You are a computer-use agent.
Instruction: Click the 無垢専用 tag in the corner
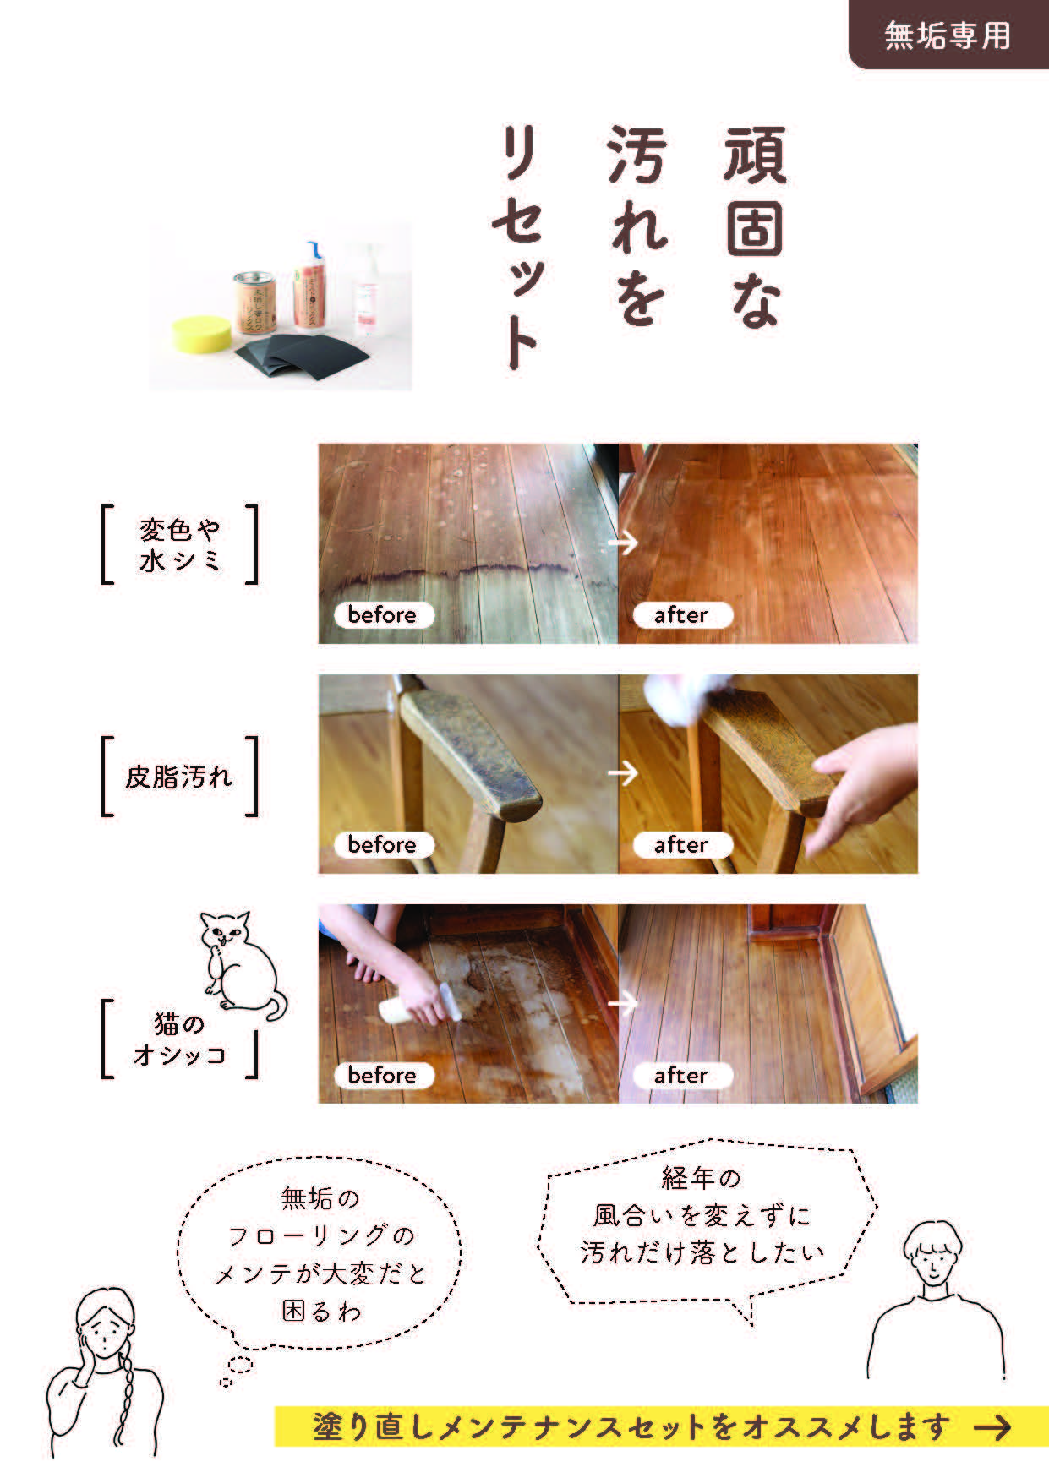(948, 35)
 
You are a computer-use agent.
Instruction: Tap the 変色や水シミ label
(180, 545)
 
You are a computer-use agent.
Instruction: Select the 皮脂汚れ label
(178, 777)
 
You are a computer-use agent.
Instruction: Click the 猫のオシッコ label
(180, 1039)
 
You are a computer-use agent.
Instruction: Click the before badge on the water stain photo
(382, 614)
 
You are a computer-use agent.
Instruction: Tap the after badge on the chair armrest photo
(680, 844)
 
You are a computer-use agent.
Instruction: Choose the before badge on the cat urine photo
(382, 1075)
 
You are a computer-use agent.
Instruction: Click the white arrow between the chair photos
(623, 772)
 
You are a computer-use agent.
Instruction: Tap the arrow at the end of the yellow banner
(992, 1427)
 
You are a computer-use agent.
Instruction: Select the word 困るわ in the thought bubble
(321, 1312)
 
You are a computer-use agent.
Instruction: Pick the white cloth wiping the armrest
(675, 696)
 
